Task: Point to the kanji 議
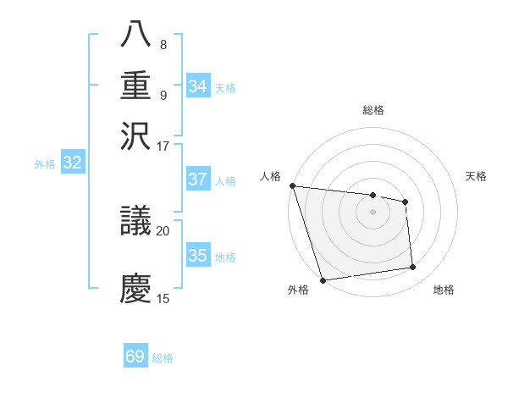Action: (x=136, y=223)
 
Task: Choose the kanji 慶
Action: (x=136, y=287)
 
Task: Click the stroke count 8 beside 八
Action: (x=163, y=45)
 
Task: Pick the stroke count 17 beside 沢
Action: (x=163, y=145)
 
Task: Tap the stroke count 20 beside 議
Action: (x=163, y=229)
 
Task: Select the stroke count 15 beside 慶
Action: (x=163, y=298)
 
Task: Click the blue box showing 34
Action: (x=198, y=86)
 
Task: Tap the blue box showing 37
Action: (x=198, y=180)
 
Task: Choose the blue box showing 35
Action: (x=198, y=257)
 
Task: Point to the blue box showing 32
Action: (x=72, y=163)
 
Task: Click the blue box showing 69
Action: (x=135, y=357)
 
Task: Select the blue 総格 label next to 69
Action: (x=163, y=358)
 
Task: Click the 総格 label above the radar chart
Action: (x=373, y=110)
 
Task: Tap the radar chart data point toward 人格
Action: (x=292, y=185)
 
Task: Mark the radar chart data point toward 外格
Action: (x=323, y=280)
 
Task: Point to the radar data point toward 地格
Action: (x=413, y=268)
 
